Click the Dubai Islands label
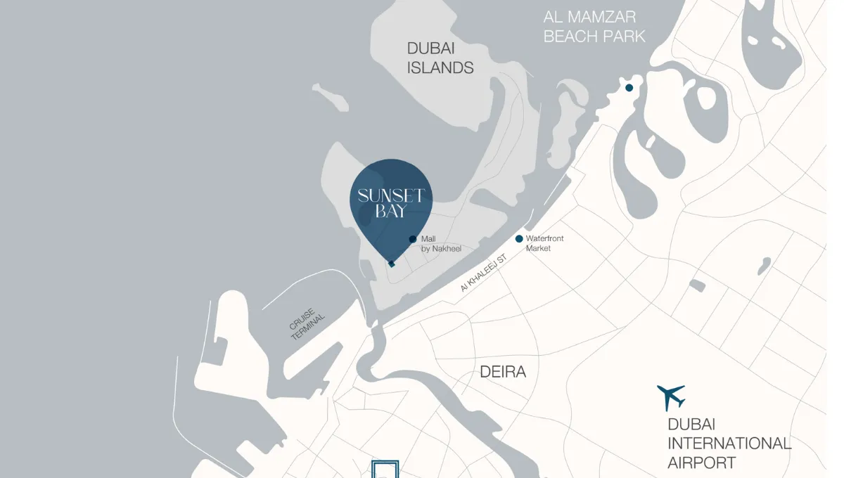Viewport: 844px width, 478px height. point(440,58)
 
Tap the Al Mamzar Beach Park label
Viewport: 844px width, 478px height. point(594,27)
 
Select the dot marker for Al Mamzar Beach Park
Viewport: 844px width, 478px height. point(629,88)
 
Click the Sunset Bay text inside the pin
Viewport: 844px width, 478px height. point(390,202)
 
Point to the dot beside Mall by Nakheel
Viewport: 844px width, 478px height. point(413,239)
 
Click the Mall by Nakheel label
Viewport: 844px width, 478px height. point(441,244)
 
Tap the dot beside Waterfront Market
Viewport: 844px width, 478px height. point(519,239)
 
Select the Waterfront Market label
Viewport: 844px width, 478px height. point(544,243)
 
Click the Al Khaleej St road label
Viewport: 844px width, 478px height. point(484,274)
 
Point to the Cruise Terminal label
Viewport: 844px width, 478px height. point(307,323)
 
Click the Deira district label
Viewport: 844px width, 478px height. point(503,372)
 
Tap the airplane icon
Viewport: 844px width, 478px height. point(671,397)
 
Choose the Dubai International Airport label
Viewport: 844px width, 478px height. point(729,443)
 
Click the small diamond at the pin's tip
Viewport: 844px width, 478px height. point(392,264)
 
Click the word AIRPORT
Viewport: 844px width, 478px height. point(702,463)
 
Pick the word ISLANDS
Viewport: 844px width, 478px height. point(440,68)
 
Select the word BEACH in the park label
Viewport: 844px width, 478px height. point(570,37)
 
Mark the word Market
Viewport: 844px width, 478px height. point(538,248)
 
